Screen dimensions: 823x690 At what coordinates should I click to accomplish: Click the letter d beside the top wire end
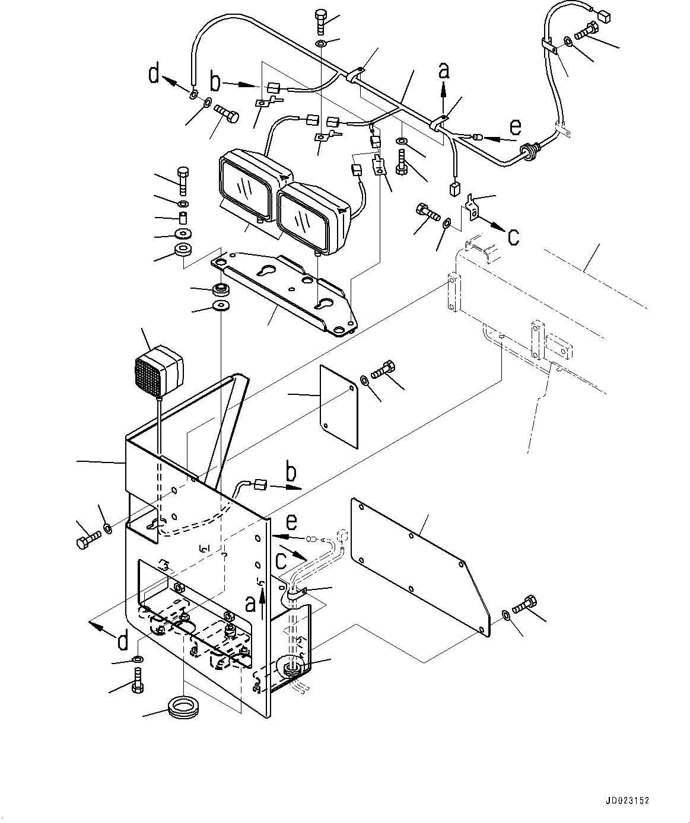click(154, 76)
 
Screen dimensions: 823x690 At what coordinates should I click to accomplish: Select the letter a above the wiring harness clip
click(444, 71)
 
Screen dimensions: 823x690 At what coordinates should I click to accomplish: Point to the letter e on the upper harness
click(516, 128)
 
